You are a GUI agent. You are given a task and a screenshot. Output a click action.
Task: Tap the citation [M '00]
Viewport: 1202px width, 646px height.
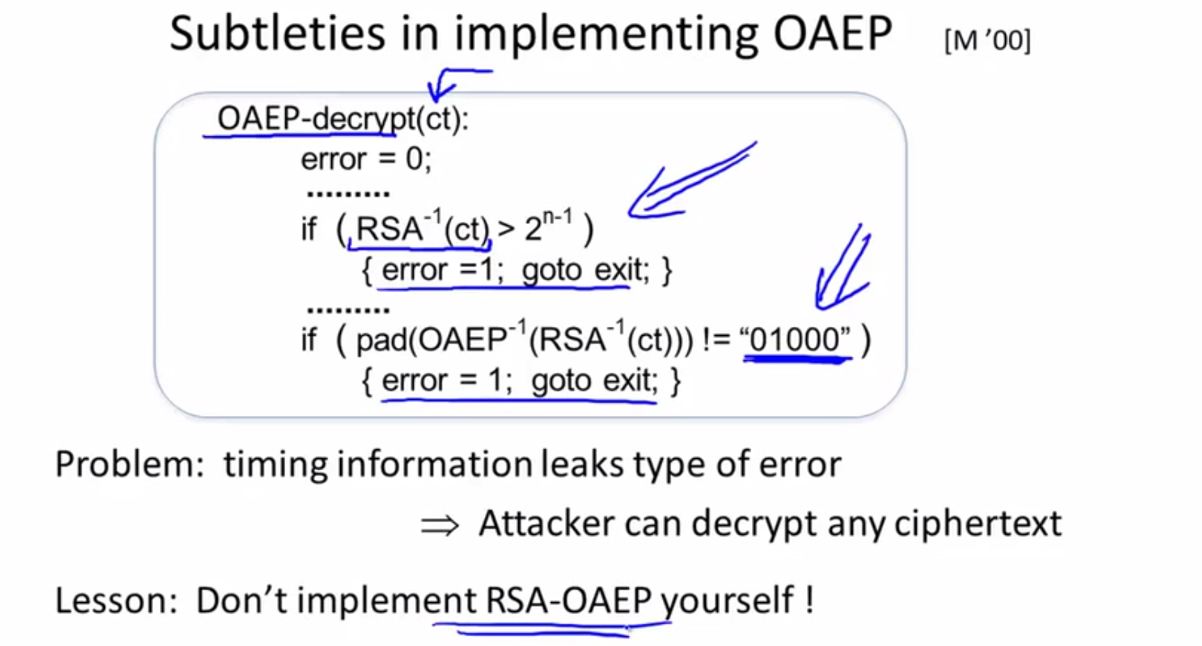point(987,40)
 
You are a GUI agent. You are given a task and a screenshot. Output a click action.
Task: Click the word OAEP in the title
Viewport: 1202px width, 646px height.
point(833,33)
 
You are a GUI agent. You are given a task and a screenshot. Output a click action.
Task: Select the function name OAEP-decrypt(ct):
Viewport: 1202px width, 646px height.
point(343,118)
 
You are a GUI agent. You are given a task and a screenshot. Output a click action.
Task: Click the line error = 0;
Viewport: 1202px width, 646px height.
point(366,159)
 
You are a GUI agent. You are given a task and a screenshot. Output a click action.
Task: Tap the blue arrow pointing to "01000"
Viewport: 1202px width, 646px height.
point(843,268)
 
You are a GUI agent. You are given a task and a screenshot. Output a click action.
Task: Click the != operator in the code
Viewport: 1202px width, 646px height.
point(718,340)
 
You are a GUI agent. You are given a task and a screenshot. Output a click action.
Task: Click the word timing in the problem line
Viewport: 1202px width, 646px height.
point(276,464)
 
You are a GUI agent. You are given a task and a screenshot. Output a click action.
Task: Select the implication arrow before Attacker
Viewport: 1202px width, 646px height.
point(440,525)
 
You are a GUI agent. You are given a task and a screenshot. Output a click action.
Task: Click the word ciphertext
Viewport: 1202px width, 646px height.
point(978,523)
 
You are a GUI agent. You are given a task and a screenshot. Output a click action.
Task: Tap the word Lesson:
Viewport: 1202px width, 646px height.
point(117,600)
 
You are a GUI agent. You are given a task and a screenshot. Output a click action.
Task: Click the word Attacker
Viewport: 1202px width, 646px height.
point(545,523)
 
